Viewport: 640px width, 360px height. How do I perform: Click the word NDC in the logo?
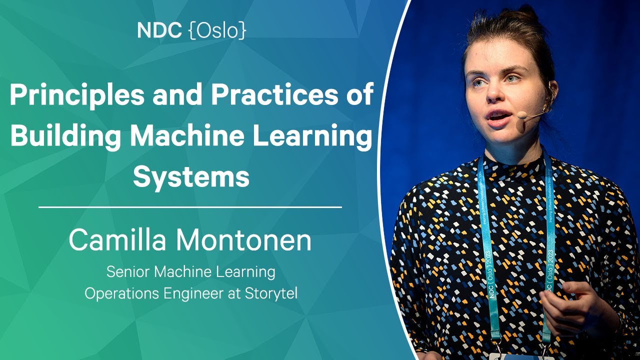click(x=159, y=31)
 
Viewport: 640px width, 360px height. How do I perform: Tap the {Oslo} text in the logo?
click(x=217, y=31)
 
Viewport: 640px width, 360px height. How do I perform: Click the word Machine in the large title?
click(x=193, y=136)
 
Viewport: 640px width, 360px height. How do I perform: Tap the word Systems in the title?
click(x=191, y=176)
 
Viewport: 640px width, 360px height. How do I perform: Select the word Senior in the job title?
click(x=127, y=272)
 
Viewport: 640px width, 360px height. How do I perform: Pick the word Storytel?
click(x=271, y=293)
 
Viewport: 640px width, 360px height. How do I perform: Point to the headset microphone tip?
click(x=521, y=115)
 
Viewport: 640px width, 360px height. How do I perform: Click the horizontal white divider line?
click(x=190, y=206)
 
